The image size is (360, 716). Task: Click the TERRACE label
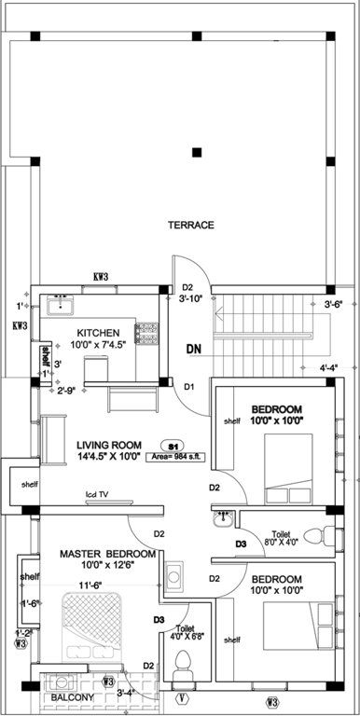190,225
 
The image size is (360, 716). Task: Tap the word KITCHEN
98,333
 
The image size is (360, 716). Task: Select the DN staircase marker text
194,350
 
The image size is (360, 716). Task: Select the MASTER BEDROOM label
107,554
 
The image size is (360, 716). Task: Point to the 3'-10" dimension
191,299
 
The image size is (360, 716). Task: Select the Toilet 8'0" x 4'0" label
283,539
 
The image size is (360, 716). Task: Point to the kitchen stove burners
146,333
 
